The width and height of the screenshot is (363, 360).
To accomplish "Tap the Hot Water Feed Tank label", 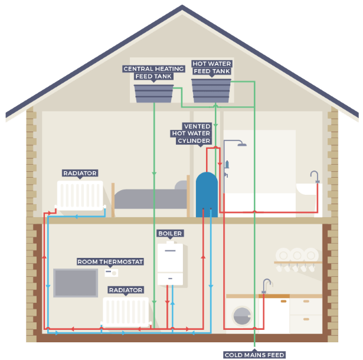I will (x=211, y=67).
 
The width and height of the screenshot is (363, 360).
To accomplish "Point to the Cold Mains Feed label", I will (x=254, y=355).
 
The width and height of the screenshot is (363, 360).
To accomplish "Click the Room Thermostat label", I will (x=110, y=261).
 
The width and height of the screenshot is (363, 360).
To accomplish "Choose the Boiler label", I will (x=170, y=234).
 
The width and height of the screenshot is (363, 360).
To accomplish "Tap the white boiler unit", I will (x=170, y=263).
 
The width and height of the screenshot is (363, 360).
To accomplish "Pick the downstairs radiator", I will (x=126, y=311).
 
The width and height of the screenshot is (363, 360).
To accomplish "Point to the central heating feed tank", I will (x=153, y=93).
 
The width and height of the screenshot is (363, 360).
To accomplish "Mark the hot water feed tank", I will (x=211, y=90).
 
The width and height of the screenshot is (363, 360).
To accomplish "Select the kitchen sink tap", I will (x=266, y=285).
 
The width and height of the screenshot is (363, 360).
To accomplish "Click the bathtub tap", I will (x=315, y=176).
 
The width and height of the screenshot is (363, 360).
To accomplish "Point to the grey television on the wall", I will (x=76, y=283).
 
